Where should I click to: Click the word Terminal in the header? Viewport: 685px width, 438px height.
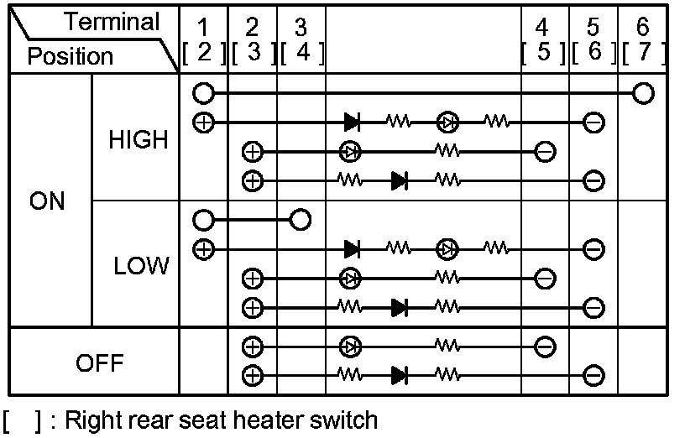point(112,22)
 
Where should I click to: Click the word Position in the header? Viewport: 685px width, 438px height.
point(70,56)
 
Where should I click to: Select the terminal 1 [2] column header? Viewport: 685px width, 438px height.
point(204,41)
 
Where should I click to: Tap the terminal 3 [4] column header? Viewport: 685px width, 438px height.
point(301,41)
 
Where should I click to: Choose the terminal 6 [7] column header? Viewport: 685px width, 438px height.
point(642,41)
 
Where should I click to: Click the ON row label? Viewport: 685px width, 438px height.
point(47,202)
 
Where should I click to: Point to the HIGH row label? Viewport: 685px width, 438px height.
point(139,140)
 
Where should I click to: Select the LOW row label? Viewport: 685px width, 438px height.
point(141,266)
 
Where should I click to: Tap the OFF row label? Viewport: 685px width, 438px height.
point(100,363)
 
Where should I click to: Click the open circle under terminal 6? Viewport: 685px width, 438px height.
point(643,92)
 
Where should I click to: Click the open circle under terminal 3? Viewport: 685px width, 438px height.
point(300,221)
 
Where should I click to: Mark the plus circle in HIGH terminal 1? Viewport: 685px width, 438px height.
point(202,122)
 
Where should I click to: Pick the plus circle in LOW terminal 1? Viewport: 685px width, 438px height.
point(202,248)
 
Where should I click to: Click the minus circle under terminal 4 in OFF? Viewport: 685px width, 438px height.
point(544,345)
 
